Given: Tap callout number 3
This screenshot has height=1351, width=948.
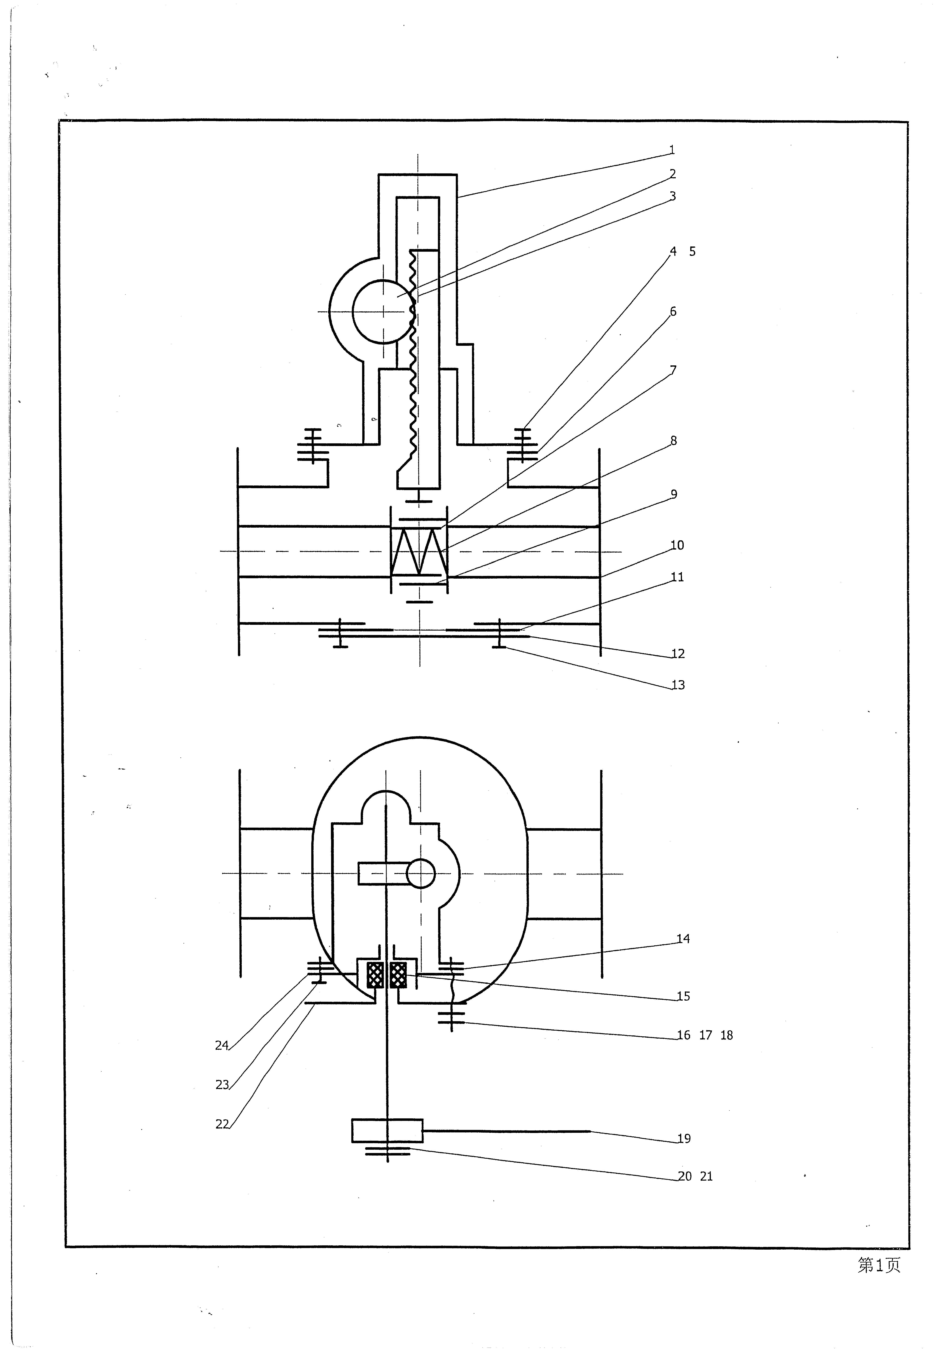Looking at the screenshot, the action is click(673, 196).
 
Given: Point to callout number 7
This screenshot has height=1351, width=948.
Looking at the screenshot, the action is click(673, 370).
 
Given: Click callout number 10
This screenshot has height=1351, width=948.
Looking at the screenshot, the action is click(677, 546).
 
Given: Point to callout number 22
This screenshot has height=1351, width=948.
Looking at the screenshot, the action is click(222, 1124).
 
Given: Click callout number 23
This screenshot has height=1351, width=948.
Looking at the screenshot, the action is click(222, 1084).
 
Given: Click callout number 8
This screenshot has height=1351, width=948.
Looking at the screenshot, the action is click(673, 441).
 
